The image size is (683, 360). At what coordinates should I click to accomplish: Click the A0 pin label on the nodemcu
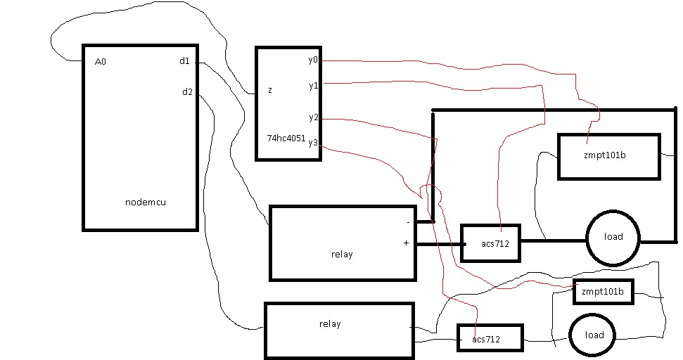[100, 62]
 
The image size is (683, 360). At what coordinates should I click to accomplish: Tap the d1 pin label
[184, 61]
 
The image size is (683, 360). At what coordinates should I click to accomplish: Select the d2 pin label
[187, 91]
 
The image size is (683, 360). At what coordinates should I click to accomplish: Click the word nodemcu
[146, 202]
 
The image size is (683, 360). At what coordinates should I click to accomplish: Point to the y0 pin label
[313, 60]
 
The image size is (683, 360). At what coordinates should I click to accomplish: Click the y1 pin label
[313, 85]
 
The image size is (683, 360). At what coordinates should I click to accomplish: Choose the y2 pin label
[313, 117]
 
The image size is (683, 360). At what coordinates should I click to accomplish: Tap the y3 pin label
[313, 142]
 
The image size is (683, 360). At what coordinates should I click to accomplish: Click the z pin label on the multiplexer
[270, 90]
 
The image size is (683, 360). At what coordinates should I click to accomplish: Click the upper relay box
[343, 243]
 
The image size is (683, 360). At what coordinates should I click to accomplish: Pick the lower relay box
[338, 330]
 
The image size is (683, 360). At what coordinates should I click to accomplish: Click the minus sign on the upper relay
[408, 222]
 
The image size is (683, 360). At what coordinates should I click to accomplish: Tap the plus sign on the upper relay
[406, 243]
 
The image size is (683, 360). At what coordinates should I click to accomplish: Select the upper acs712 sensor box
[490, 243]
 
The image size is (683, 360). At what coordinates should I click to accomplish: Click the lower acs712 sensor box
[490, 338]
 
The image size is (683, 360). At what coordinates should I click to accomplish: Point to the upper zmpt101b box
[609, 155]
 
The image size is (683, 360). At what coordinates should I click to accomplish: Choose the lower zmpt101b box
[604, 291]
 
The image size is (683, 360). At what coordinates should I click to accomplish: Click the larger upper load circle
[613, 236]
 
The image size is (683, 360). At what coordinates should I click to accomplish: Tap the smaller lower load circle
[594, 335]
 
